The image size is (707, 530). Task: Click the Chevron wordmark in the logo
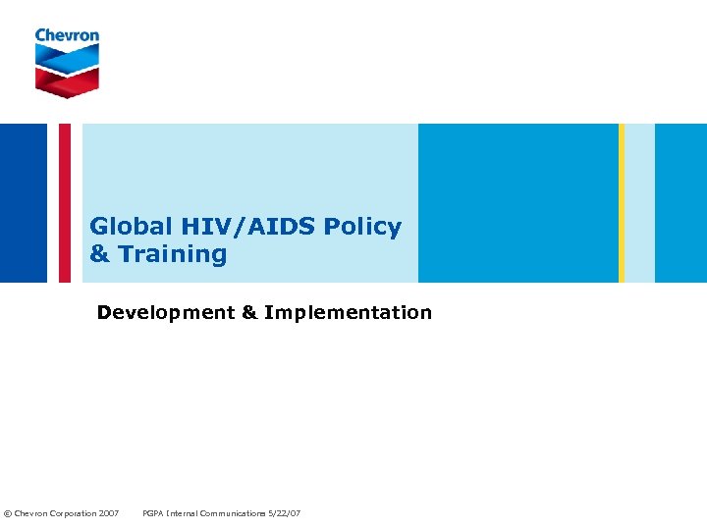[67, 35]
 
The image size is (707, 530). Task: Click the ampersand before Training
[99, 254]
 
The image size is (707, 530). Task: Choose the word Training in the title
[173, 254]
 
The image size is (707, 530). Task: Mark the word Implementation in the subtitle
[348, 313]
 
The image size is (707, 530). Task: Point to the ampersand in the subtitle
[249, 313]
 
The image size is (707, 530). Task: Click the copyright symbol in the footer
[8, 513]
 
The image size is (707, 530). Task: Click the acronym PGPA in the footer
[154, 513]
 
